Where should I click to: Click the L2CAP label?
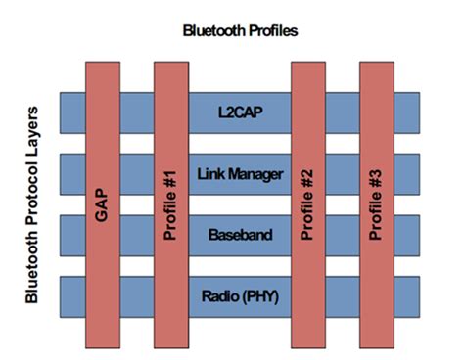[240, 112]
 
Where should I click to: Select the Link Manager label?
[240, 174]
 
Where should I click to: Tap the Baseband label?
[240, 236]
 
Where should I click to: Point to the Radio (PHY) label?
[240, 296]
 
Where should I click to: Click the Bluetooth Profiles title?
[241, 30]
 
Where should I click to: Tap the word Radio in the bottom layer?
[218, 296]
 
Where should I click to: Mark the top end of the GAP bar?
[103, 67]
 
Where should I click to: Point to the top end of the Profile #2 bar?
[307, 67]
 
